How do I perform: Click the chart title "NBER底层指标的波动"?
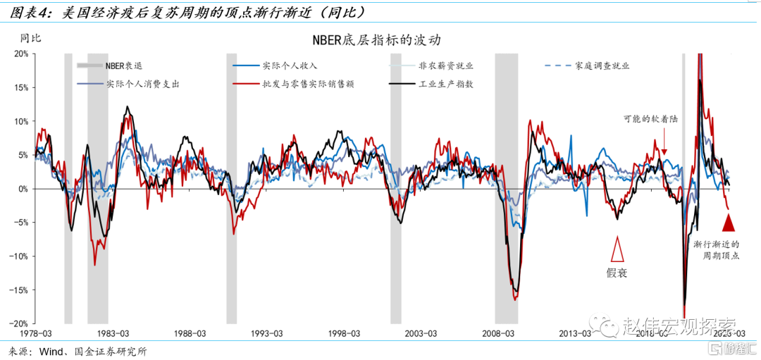pyautogui.click(x=380, y=39)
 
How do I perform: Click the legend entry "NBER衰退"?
pyautogui.click(x=124, y=66)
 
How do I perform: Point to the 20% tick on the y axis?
pyautogui.click(x=21, y=54)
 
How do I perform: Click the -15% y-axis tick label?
pyautogui.click(x=19, y=290)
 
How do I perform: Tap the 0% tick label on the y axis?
pyautogui.click(x=23, y=189)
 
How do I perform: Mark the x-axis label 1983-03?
pyautogui.click(x=112, y=333)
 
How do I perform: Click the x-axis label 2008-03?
pyautogui.click(x=500, y=333)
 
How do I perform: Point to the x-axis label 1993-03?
pyautogui.click(x=267, y=333)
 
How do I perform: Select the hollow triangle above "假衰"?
pyautogui.click(x=617, y=249)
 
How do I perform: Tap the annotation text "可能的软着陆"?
pyautogui.click(x=650, y=120)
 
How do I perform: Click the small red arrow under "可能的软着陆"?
pyautogui.click(x=664, y=144)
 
